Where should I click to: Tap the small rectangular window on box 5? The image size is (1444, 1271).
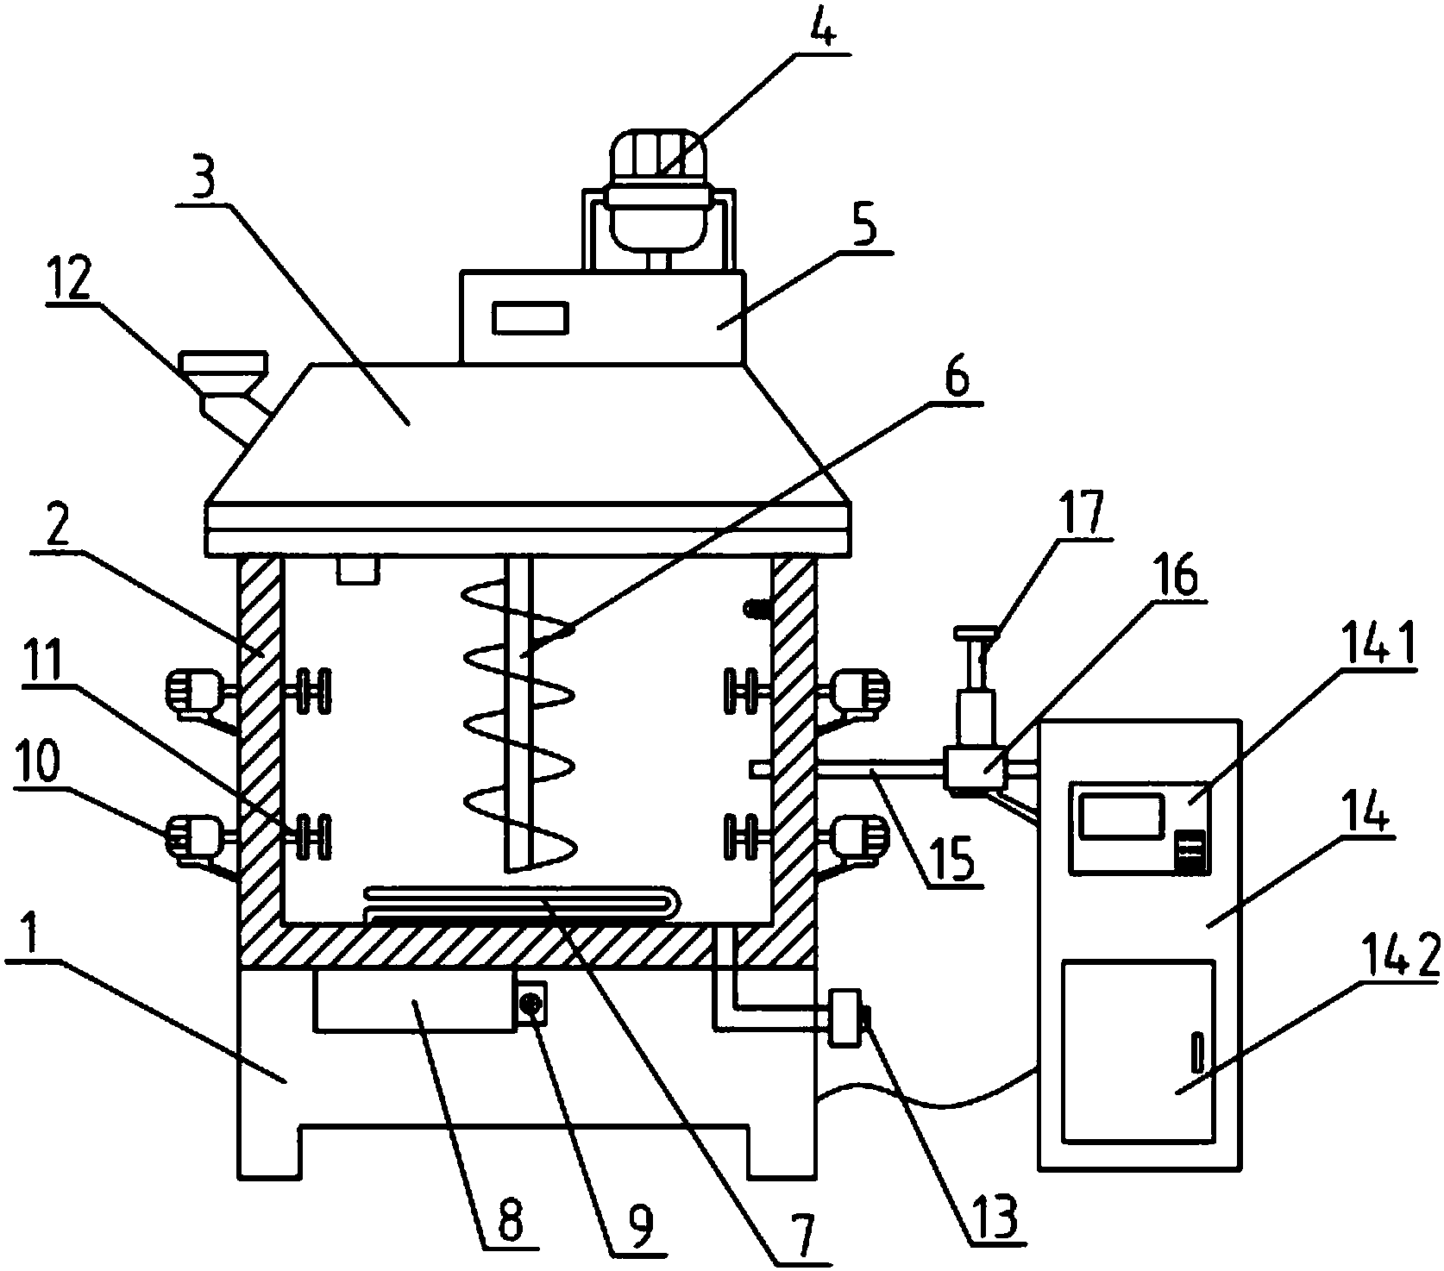coord(531,317)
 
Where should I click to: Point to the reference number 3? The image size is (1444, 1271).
coord(203,178)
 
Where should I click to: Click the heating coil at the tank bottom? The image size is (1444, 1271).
coord(522,904)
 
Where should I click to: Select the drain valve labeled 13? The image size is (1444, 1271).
coord(846,1018)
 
